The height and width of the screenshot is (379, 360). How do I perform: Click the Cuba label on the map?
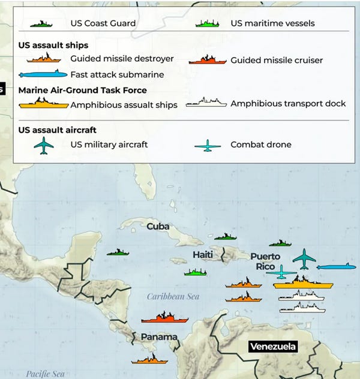158,227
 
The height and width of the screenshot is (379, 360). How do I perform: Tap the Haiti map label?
203,255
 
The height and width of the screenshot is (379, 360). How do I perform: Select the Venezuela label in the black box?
274,347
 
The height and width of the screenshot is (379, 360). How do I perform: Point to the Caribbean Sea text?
173,296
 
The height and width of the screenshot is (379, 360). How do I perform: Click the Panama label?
159,337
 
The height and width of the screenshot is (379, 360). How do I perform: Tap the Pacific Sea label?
45,374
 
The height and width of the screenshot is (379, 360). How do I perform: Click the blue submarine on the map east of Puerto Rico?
336,267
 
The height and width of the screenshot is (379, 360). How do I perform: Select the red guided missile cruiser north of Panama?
164,317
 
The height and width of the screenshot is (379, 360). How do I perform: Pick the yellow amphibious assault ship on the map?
303,282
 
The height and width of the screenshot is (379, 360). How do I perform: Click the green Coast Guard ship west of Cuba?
118,252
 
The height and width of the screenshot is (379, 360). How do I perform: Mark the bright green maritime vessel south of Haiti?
196,273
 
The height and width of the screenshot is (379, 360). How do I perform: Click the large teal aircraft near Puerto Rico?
304,259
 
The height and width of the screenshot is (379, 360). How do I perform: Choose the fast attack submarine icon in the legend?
44,75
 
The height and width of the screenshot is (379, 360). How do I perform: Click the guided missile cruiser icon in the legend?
207,60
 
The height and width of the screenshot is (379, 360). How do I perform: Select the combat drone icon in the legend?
208,145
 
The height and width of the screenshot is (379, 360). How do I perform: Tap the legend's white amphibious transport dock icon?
206,103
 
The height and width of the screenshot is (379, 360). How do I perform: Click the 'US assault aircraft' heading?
57,130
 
